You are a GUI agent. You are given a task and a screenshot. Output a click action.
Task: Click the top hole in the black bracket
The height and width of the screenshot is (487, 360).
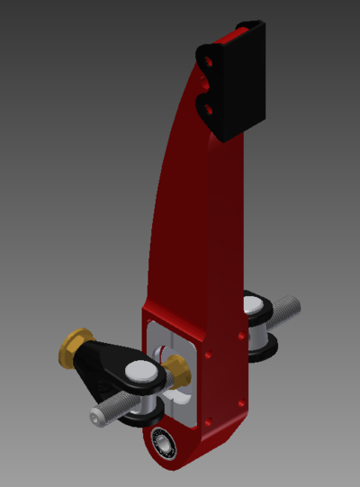(x=210, y=59)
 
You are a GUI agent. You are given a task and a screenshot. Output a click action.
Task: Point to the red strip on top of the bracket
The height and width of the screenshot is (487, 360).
(x=236, y=34)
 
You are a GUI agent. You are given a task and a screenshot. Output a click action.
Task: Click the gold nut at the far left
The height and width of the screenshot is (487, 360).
(x=76, y=342)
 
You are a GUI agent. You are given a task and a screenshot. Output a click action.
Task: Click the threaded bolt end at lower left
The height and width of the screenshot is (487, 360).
(x=105, y=413)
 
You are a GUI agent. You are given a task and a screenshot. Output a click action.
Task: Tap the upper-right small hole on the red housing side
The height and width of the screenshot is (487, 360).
(x=242, y=337)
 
